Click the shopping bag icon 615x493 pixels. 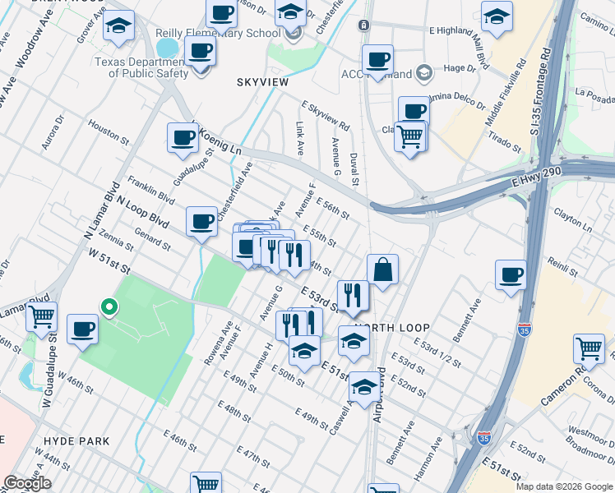click(382, 270)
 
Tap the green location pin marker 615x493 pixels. click(109, 307)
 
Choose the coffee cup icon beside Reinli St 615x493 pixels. click(511, 276)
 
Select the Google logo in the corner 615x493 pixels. click(28, 483)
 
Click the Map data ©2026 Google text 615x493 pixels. click(563, 486)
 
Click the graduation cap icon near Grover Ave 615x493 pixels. click(119, 25)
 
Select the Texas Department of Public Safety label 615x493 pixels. click(141, 67)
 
